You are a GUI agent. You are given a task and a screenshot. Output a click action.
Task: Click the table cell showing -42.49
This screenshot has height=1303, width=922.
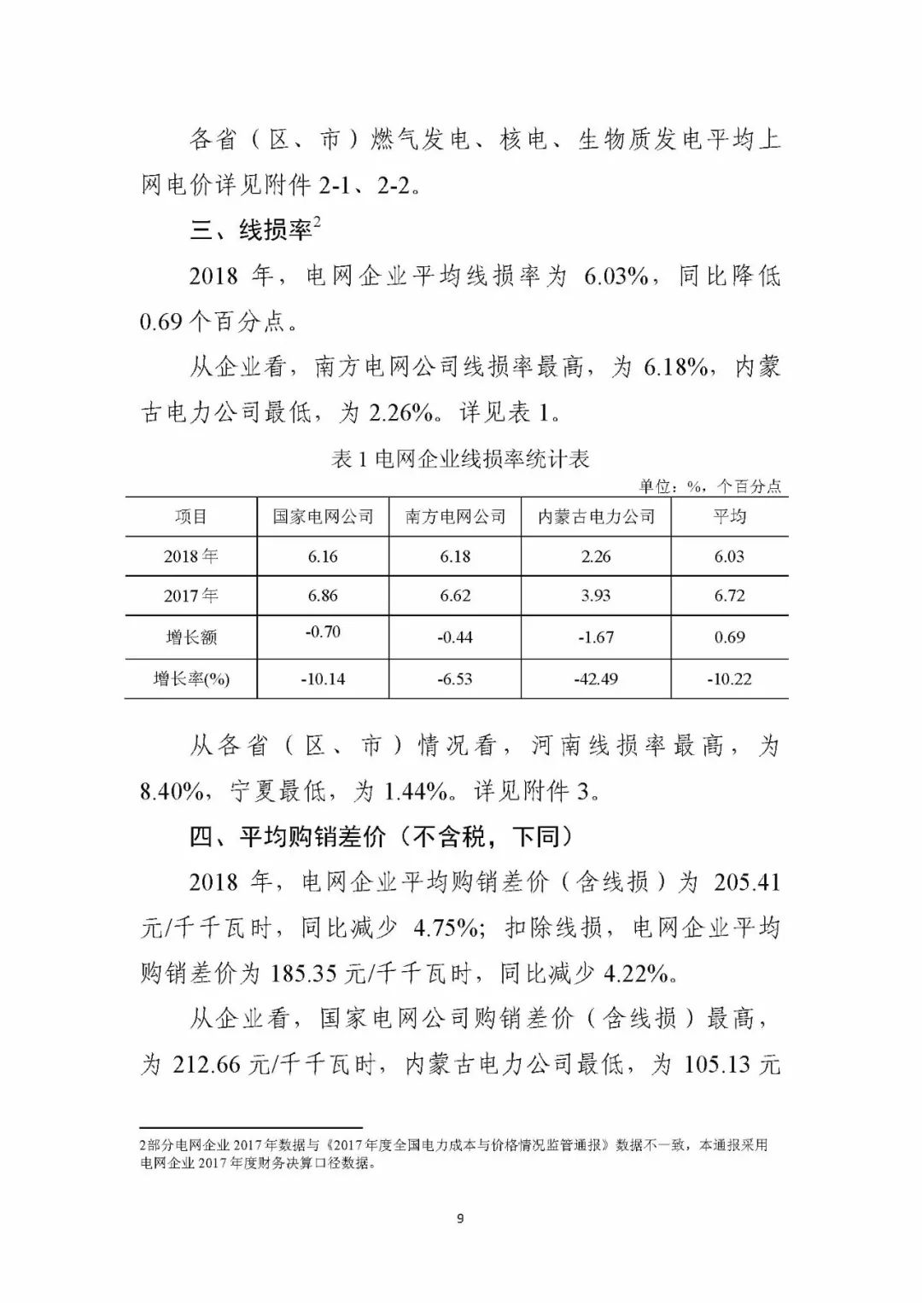coord(596,679)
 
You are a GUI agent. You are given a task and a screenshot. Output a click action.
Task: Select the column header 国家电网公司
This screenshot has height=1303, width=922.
coord(323,516)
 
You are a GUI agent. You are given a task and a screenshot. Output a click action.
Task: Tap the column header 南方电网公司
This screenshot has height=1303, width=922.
coord(455,516)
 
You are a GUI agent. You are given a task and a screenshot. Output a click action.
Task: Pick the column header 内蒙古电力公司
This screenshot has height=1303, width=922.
coord(596,516)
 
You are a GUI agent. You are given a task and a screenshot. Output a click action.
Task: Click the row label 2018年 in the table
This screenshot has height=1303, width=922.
coord(190,556)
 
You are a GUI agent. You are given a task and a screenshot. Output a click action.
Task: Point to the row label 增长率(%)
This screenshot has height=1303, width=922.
coord(191,679)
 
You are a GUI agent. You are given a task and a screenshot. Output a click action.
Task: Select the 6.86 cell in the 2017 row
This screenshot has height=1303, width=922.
coord(323,596)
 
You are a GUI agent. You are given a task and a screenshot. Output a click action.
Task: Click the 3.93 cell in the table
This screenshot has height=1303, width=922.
coord(596,596)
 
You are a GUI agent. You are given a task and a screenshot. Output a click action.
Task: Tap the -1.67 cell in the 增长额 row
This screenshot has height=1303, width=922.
coord(596,637)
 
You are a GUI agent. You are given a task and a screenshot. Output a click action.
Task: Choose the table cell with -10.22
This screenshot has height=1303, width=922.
coord(729,679)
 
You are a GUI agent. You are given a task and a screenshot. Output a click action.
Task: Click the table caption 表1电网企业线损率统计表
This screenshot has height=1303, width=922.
coord(460,459)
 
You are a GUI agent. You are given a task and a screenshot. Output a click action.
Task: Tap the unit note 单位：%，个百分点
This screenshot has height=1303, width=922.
coord(710,486)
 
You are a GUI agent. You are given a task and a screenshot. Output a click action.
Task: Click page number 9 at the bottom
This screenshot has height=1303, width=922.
coord(460,1219)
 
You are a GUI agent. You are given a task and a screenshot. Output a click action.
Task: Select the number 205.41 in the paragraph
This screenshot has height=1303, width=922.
coord(746,881)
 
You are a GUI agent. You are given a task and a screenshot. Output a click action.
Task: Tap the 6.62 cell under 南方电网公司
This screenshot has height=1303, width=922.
coord(455,596)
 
